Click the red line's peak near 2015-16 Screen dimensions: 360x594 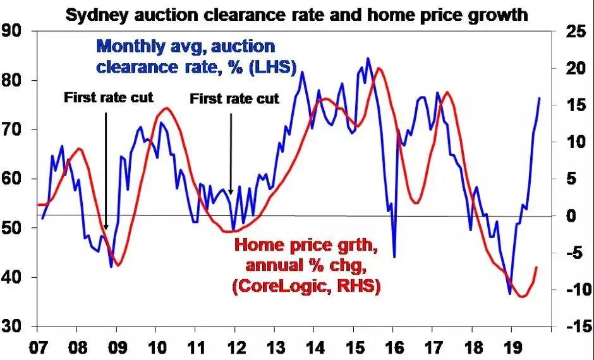379,68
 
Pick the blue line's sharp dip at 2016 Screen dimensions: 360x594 394,257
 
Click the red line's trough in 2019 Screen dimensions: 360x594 523,296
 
